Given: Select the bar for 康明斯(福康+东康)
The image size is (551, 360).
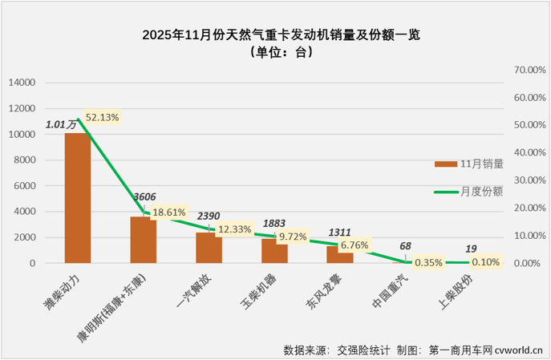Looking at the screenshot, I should (144, 240).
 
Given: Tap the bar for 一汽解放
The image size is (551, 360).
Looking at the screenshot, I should (209, 248).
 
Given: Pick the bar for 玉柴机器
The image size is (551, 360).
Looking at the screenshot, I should (274, 251).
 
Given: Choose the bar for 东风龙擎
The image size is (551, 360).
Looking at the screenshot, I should (339, 254).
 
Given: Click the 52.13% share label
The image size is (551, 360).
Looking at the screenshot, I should (102, 117).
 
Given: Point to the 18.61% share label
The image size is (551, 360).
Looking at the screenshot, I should (168, 212).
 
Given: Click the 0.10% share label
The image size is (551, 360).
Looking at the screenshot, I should (486, 261).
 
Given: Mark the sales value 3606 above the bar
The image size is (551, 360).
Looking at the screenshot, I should (144, 196).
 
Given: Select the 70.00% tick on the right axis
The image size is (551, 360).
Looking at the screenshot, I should (530, 70).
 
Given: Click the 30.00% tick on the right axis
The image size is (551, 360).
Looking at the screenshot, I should (530, 180).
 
